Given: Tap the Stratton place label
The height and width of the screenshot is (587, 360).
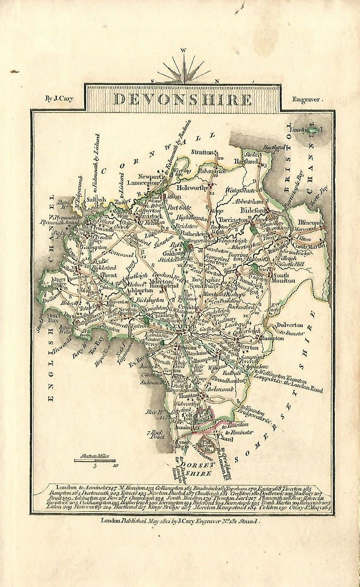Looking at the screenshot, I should tap(203, 152).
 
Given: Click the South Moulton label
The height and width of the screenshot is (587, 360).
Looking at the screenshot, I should tap(285, 278).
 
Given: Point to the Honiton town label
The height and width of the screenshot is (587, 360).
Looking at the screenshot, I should tap(188, 395).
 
